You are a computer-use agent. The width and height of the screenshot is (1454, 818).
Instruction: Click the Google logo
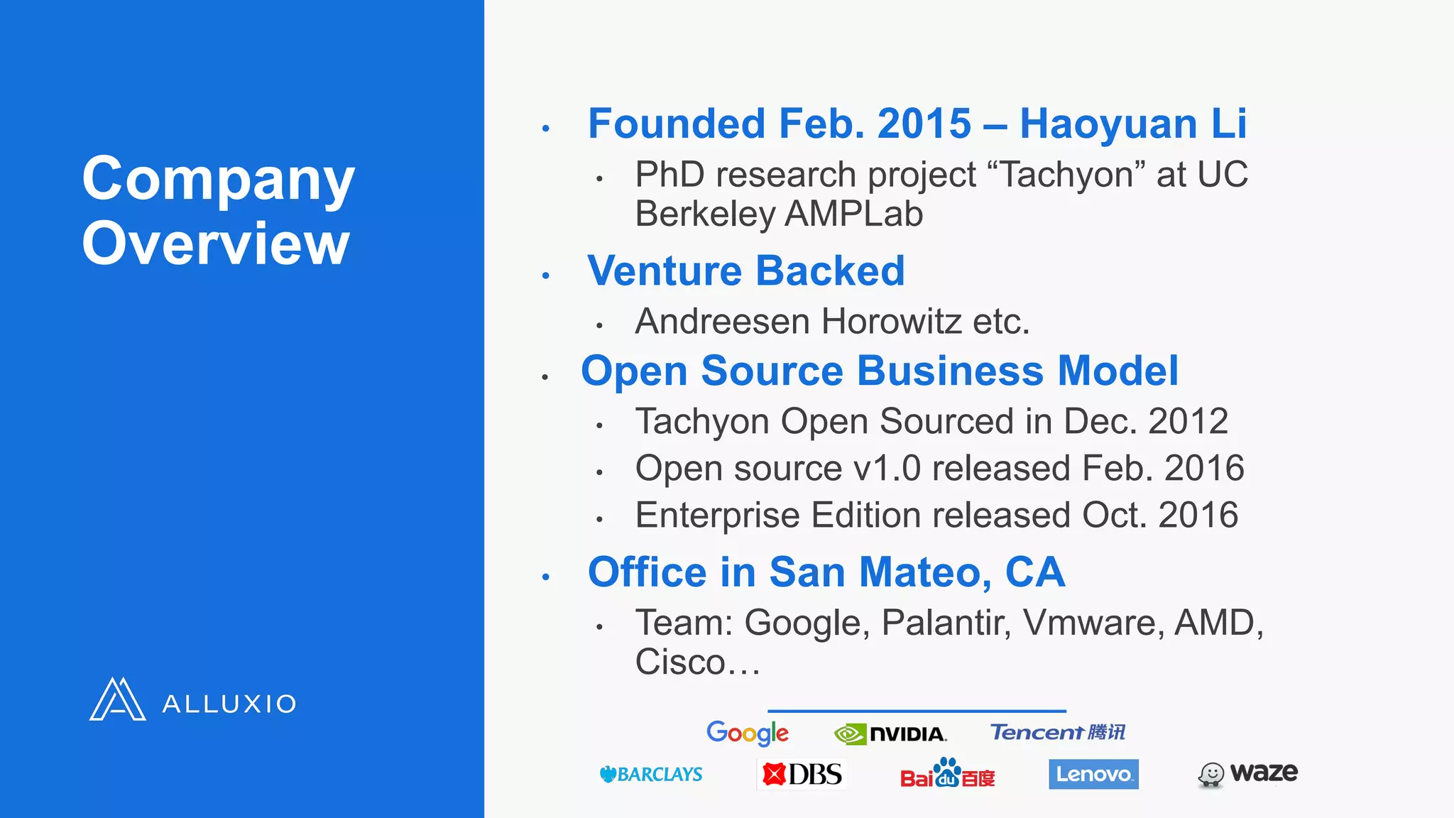click(747, 732)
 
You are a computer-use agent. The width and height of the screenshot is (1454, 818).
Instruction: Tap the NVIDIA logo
click(890, 734)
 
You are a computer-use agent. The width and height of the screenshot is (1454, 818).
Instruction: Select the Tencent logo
click(1057, 732)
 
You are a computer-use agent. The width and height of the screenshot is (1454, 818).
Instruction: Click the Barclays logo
click(651, 774)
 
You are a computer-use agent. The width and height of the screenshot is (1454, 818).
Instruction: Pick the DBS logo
click(802, 774)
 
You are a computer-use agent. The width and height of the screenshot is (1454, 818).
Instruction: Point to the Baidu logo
click(947, 774)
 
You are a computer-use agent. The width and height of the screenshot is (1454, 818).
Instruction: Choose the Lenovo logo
click(1093, 774)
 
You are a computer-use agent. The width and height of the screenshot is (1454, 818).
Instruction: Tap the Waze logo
click(1247, 773)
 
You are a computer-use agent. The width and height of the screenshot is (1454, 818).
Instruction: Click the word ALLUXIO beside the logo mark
click(229, 704)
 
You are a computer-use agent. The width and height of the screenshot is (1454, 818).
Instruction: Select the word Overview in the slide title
click(216, 244)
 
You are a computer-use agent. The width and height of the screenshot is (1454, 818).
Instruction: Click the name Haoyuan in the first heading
click(1108, 124)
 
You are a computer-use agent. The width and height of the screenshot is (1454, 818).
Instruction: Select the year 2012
click(1188, 421)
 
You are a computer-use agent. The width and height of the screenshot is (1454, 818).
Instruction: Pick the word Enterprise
click(717, 516)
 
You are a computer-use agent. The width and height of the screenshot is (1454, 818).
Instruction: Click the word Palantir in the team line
click(946, 623)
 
